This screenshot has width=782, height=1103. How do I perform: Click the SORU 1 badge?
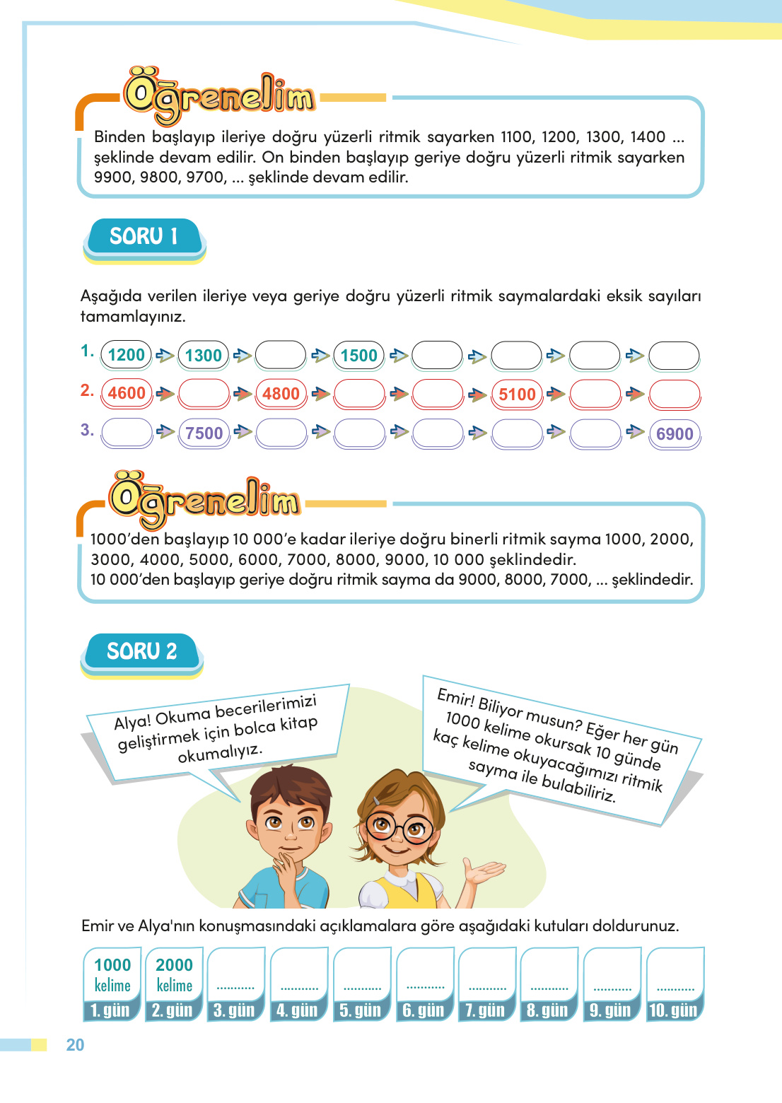coord(144,236)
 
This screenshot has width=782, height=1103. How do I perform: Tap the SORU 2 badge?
coord(141,651)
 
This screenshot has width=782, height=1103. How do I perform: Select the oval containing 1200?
coord(127,355)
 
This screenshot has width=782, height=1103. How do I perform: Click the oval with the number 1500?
coord(359,356)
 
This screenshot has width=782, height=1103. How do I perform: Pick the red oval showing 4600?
coord(127,393)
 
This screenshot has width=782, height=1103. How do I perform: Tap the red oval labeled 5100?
coord(517,395)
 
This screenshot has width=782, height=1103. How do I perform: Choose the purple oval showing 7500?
coord(204,433)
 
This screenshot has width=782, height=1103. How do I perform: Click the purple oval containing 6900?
coord(675,434)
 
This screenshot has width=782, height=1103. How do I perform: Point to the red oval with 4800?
coord(281,394)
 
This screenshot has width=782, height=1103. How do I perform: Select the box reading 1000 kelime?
coord(112,974)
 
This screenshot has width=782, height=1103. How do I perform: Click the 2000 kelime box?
coord(174,974)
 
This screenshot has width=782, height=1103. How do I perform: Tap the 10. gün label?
coord(673,1010)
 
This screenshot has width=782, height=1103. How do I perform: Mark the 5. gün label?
coord(360,1010)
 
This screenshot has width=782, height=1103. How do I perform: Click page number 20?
coord(75,1045)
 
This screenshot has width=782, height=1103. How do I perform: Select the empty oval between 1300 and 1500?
coord(281,356)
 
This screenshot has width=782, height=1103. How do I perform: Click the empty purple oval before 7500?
coord(127,433)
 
